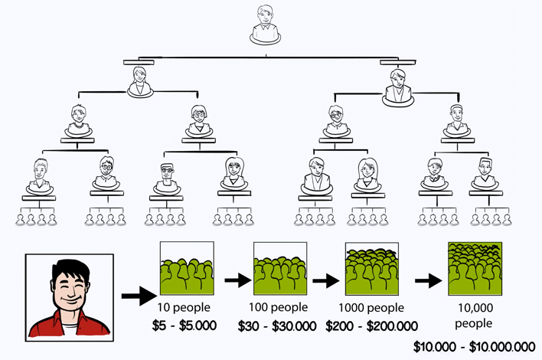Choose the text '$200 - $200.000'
[x=372, y=326]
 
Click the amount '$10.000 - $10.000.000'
[x=475, y=346]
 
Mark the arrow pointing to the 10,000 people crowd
[x=427, y=281]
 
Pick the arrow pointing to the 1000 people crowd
[x=325, y=281]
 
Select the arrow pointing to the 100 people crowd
[x=237, y=281]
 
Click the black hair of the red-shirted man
[x=69, y=268]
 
